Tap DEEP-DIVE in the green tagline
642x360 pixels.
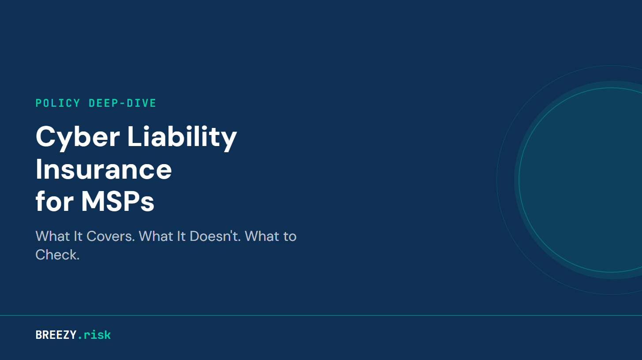[123, 103]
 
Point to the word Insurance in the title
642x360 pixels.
[104, 169]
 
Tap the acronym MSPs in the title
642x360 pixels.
[118, 202]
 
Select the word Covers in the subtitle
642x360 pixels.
[110, 236]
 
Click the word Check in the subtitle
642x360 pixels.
[56, 255]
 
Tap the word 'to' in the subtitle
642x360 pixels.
[290, 236]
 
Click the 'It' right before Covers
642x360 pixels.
[78, 236]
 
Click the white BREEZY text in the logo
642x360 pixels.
[56, 335]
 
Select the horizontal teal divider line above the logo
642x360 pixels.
[321, 315]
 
